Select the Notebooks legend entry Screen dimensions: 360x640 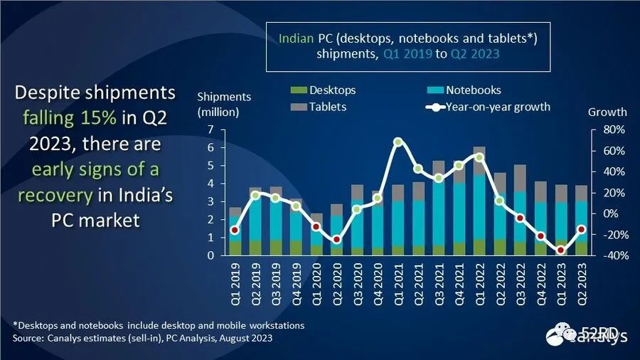pyautogui.click(x=473, y=90)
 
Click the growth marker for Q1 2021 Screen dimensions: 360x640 pyautogui.click(x=398, y=142)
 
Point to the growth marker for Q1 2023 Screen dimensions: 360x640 pyautogui.click(x=561, y=250)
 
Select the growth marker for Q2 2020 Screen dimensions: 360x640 pyautogui.click(x=337, y=240)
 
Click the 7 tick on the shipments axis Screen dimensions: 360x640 pyautogui.click(x=210, y=129)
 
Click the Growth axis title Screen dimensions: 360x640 pyautogui.click(x=607, y=112)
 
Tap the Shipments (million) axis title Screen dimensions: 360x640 pyautogui.click(x=223, y=104)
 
